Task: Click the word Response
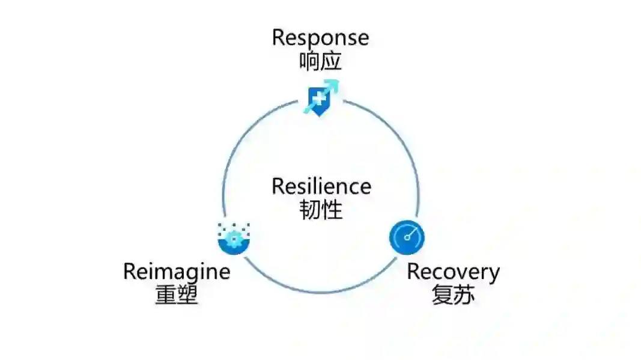click(x=320, y=38)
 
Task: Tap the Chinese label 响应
click(x=320, y=61)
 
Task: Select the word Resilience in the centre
click(x=321, y=186)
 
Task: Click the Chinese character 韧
click(x=309, y=210)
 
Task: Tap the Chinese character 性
click(x=332, y=210)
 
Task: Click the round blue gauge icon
click(x=407, y=237)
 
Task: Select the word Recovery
click(x=453, y=272)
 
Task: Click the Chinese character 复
click(x=442, y=295)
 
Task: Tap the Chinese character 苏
click(x=464, y=295)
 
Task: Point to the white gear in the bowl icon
click(x=234, y=239)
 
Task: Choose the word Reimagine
click(x=177, y=272)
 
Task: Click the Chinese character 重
click(x=166, y=295)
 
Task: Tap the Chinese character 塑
click(x=187, y=295)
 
